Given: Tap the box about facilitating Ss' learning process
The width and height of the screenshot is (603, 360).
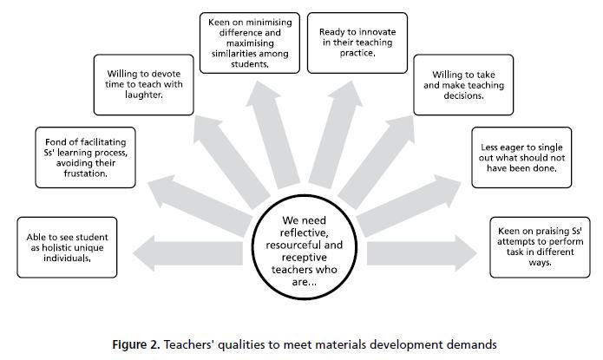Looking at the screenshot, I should (83, 158).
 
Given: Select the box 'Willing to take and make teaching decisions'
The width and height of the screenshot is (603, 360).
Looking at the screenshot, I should (456, 85).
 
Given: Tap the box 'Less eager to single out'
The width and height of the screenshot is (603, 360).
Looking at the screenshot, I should (516, 157).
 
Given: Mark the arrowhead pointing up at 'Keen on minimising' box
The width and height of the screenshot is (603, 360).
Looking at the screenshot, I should (260, 81).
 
